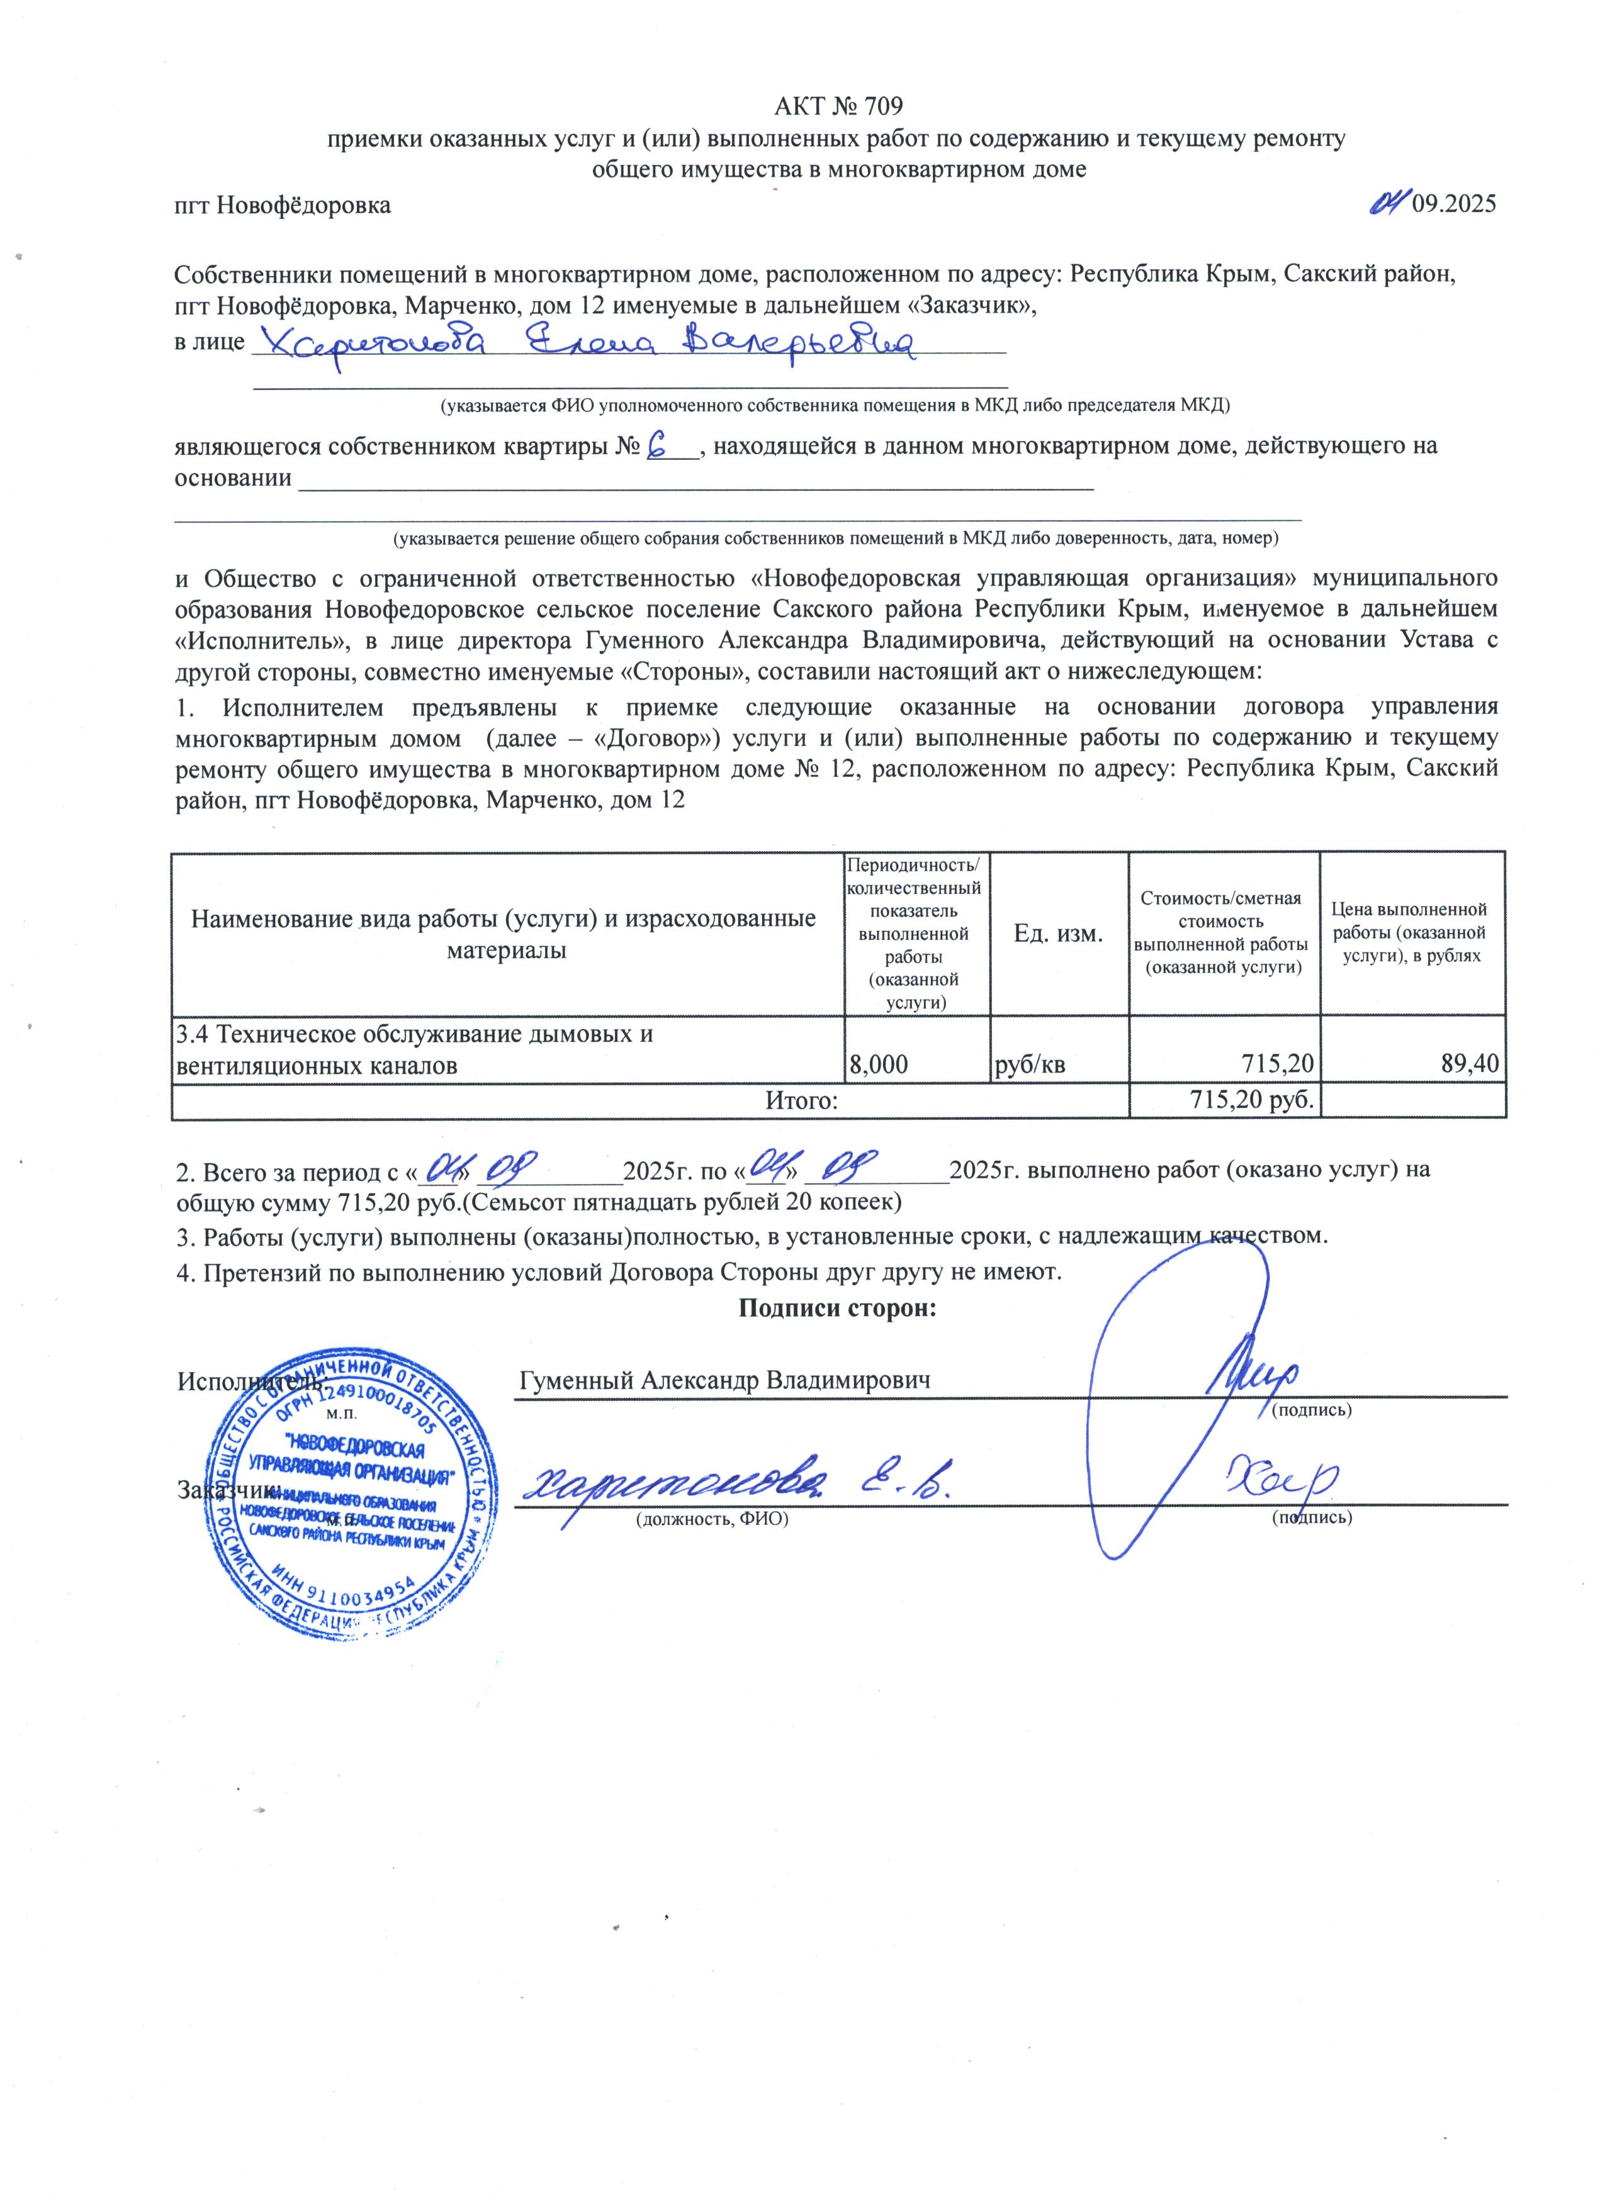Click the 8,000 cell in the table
coord(879,1064)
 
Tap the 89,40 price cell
coord(1470,1064)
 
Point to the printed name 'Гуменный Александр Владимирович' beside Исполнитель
coord(725,1380)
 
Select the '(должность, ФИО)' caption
coord(711,1518)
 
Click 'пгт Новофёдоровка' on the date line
coord(282,205)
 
